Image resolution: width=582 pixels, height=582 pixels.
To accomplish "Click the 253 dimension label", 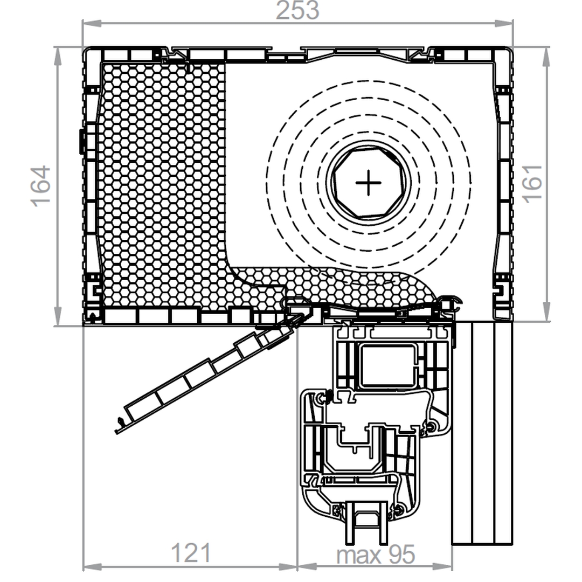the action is point(297,10).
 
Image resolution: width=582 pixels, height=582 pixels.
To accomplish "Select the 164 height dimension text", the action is point(40,186).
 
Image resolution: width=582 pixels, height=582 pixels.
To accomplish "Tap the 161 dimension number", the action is point(532,184).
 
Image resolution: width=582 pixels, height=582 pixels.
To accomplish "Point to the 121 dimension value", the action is point(191,553).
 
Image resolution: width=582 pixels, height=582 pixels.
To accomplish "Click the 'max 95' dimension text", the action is point(375,555).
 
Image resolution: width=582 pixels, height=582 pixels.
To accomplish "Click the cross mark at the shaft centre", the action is point(368,183).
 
